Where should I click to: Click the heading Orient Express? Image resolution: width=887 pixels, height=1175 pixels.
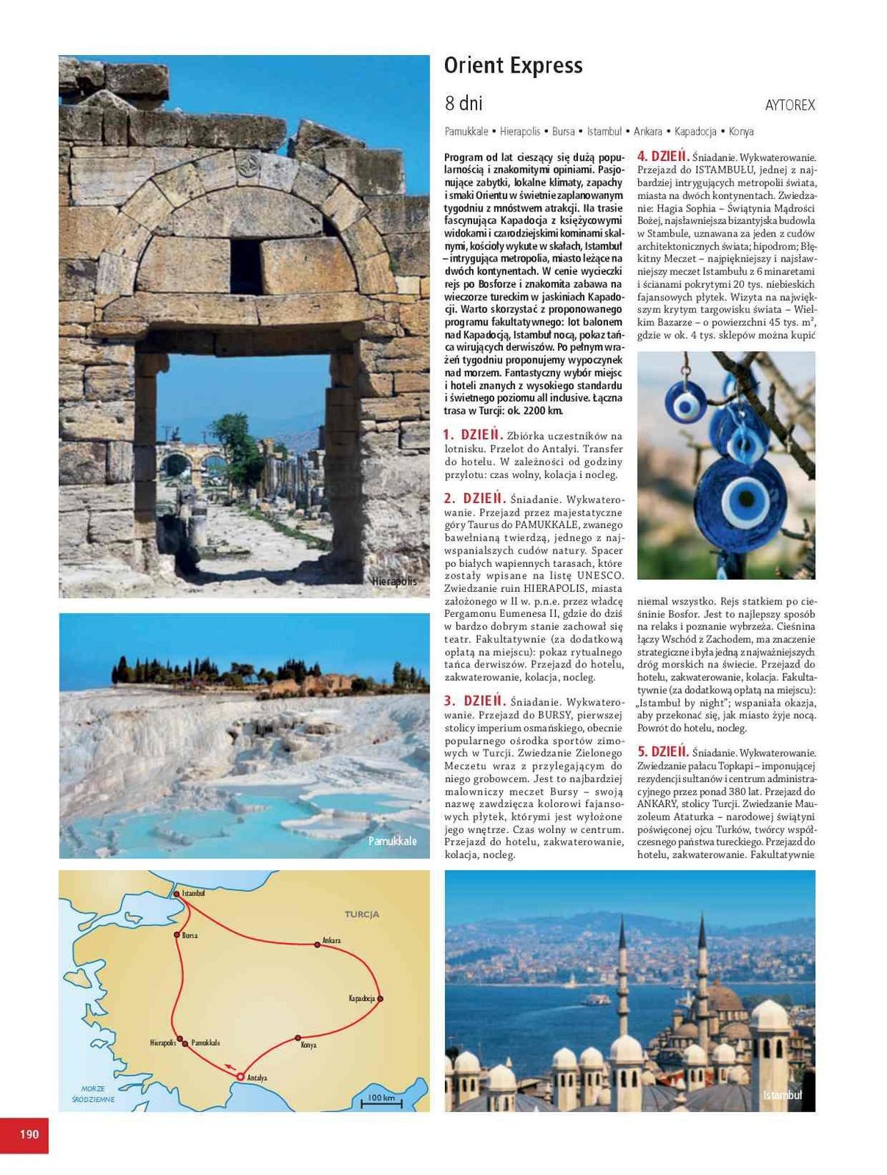tap(513, 66)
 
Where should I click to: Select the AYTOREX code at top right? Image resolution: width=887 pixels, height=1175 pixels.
tap(789, 106)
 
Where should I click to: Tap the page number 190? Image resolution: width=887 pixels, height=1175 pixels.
tap(29, 1135)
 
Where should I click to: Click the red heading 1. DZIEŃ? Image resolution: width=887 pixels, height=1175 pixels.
tap(474, 435)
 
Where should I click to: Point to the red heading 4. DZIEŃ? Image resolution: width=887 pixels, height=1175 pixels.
tap(662, 156)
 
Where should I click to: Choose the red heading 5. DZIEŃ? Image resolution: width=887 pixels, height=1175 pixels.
tap(662, 752)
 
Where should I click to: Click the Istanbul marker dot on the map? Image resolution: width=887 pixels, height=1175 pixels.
tap(176, 894)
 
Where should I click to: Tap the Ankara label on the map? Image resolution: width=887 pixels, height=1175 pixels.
tap(331, 941)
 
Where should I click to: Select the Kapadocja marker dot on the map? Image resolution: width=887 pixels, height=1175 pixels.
tap(380, 999)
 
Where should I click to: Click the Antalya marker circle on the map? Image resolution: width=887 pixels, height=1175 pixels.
tap(240, 1077)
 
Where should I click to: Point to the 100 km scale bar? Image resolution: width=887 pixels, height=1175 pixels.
tap(381, 1099)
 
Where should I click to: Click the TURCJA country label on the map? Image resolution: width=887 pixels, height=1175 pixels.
tap(362, 915)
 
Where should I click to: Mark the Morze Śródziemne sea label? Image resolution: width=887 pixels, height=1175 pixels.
tap(93, 1093)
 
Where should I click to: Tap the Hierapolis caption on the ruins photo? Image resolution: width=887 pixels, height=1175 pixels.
tap(394, 582)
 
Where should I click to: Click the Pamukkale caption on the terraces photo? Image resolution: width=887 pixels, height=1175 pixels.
tap(392, 841)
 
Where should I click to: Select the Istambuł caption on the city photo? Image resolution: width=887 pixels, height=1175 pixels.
tap(782, 1095)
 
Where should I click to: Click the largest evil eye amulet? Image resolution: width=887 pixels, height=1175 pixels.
tap(735, 499)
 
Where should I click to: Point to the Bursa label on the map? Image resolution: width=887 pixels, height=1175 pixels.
tap(189, 936)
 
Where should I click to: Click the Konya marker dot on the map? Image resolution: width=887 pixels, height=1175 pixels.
tap(298, 1038)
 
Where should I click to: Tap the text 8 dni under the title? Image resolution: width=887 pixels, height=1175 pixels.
tap(463, 104)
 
